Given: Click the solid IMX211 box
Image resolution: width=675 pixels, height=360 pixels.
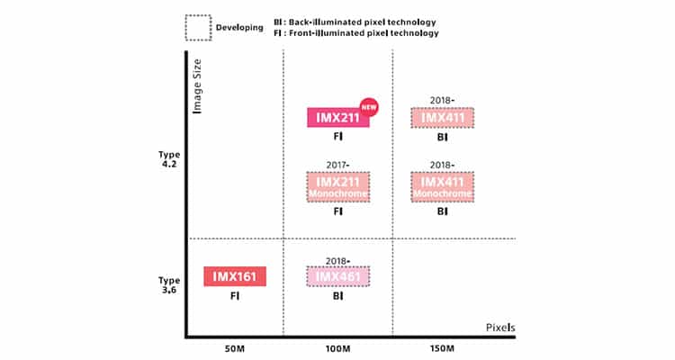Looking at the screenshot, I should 337,118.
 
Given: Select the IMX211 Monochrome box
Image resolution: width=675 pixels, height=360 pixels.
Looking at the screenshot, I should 338,186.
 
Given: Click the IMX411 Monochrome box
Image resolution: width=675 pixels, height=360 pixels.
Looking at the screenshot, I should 442,186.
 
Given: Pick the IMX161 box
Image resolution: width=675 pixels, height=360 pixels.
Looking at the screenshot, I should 235,276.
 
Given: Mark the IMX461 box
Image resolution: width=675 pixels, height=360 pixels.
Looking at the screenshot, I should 338,276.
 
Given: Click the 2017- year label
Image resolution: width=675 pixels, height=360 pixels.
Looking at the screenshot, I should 338,165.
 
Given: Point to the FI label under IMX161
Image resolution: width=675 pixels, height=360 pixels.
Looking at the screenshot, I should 235,294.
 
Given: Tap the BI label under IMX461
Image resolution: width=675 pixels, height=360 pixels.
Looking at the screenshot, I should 338,294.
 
